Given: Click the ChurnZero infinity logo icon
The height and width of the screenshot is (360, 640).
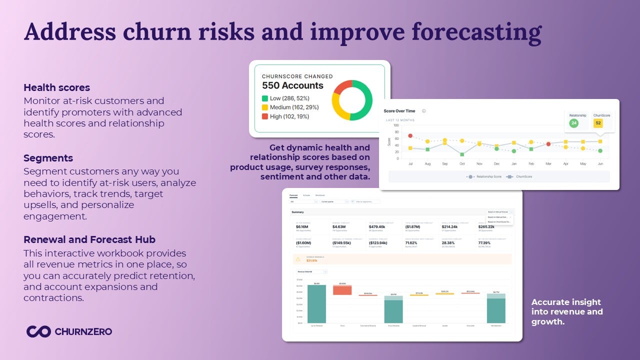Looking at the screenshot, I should tap(38, 331).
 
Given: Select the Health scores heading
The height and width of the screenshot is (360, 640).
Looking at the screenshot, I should tap(57, 87).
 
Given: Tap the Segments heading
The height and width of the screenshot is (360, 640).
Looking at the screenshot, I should tap(48, 158).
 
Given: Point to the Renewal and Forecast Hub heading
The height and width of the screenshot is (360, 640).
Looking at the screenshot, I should tap(89, 239).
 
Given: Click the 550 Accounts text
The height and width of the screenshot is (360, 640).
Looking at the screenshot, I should tap(292, 85).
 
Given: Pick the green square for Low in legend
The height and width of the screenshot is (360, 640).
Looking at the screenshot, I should tap(265, 98).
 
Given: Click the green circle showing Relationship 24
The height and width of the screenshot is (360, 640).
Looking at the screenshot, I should tap(573, 123).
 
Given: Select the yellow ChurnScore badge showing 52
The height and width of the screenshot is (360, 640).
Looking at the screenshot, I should tap(598, 123).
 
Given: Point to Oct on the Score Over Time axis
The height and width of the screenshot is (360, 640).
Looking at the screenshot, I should tap(462, 163).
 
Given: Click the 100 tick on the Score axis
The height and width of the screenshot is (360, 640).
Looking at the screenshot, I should tap(396, 125).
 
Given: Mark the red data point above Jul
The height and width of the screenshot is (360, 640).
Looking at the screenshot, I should tap(410, 135).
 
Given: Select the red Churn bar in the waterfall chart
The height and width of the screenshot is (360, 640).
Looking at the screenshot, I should tap(342, 290).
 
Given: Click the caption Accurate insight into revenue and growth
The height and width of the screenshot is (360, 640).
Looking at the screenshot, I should tap(567, 311).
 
